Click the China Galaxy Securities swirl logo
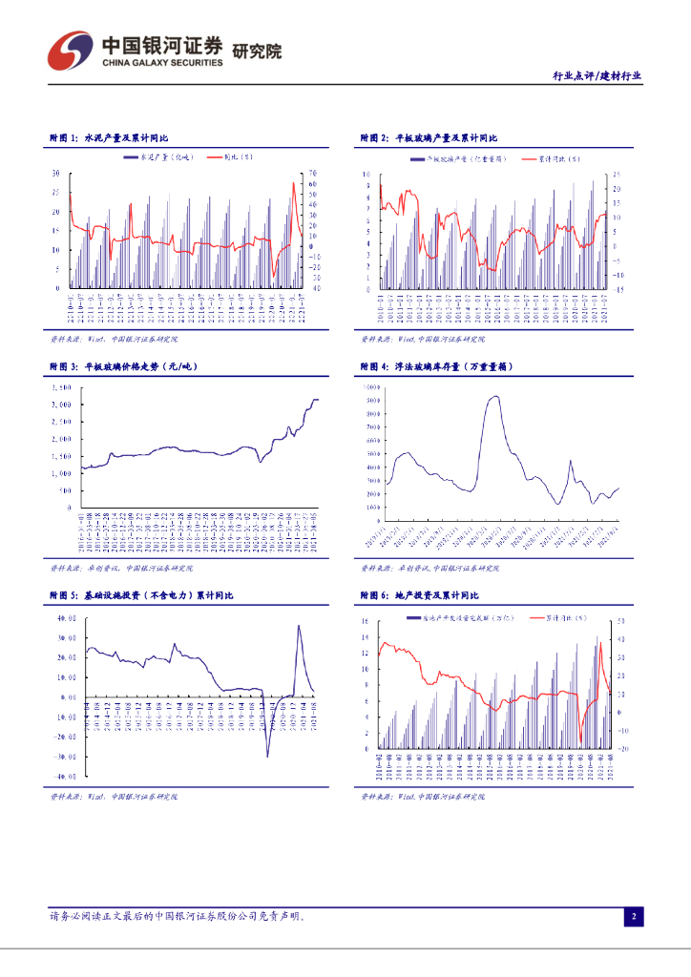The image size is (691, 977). (69, 49)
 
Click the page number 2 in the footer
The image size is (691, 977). (633, 917)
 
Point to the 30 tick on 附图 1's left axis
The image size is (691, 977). (56, 174)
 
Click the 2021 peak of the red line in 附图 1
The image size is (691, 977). (294, 183)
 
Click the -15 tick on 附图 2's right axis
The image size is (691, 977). (618, 288)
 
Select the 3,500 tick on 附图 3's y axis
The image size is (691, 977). (60, 388)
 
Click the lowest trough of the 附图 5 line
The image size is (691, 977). (267, 757)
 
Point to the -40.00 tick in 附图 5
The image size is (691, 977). (66, 777)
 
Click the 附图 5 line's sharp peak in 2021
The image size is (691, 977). (299, 626)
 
